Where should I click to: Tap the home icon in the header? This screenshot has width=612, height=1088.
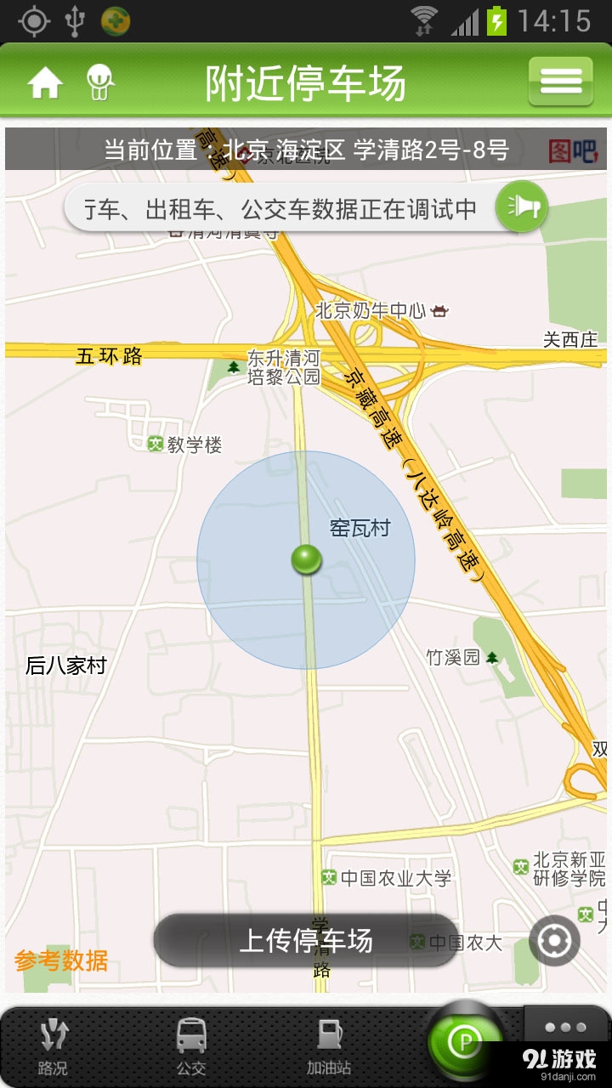45,82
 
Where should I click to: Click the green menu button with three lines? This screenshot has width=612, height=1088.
560,82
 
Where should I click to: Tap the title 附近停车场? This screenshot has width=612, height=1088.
305,83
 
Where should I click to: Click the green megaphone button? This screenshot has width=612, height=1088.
521,207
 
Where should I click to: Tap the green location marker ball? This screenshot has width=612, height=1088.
306,559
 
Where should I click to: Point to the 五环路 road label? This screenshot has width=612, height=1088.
109,356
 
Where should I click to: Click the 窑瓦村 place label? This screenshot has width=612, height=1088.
360,528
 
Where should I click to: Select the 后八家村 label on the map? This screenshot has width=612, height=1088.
66,666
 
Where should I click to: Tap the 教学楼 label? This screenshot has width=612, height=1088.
194,445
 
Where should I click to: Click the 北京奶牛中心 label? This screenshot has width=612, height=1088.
371,310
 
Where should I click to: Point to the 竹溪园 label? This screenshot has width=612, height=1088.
453,657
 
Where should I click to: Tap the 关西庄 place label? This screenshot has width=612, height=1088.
570,340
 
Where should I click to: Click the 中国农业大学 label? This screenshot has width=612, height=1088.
395,878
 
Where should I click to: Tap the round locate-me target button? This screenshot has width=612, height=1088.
554,941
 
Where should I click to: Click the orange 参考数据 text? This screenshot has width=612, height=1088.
61,960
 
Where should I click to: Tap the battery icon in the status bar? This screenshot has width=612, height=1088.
496,20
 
